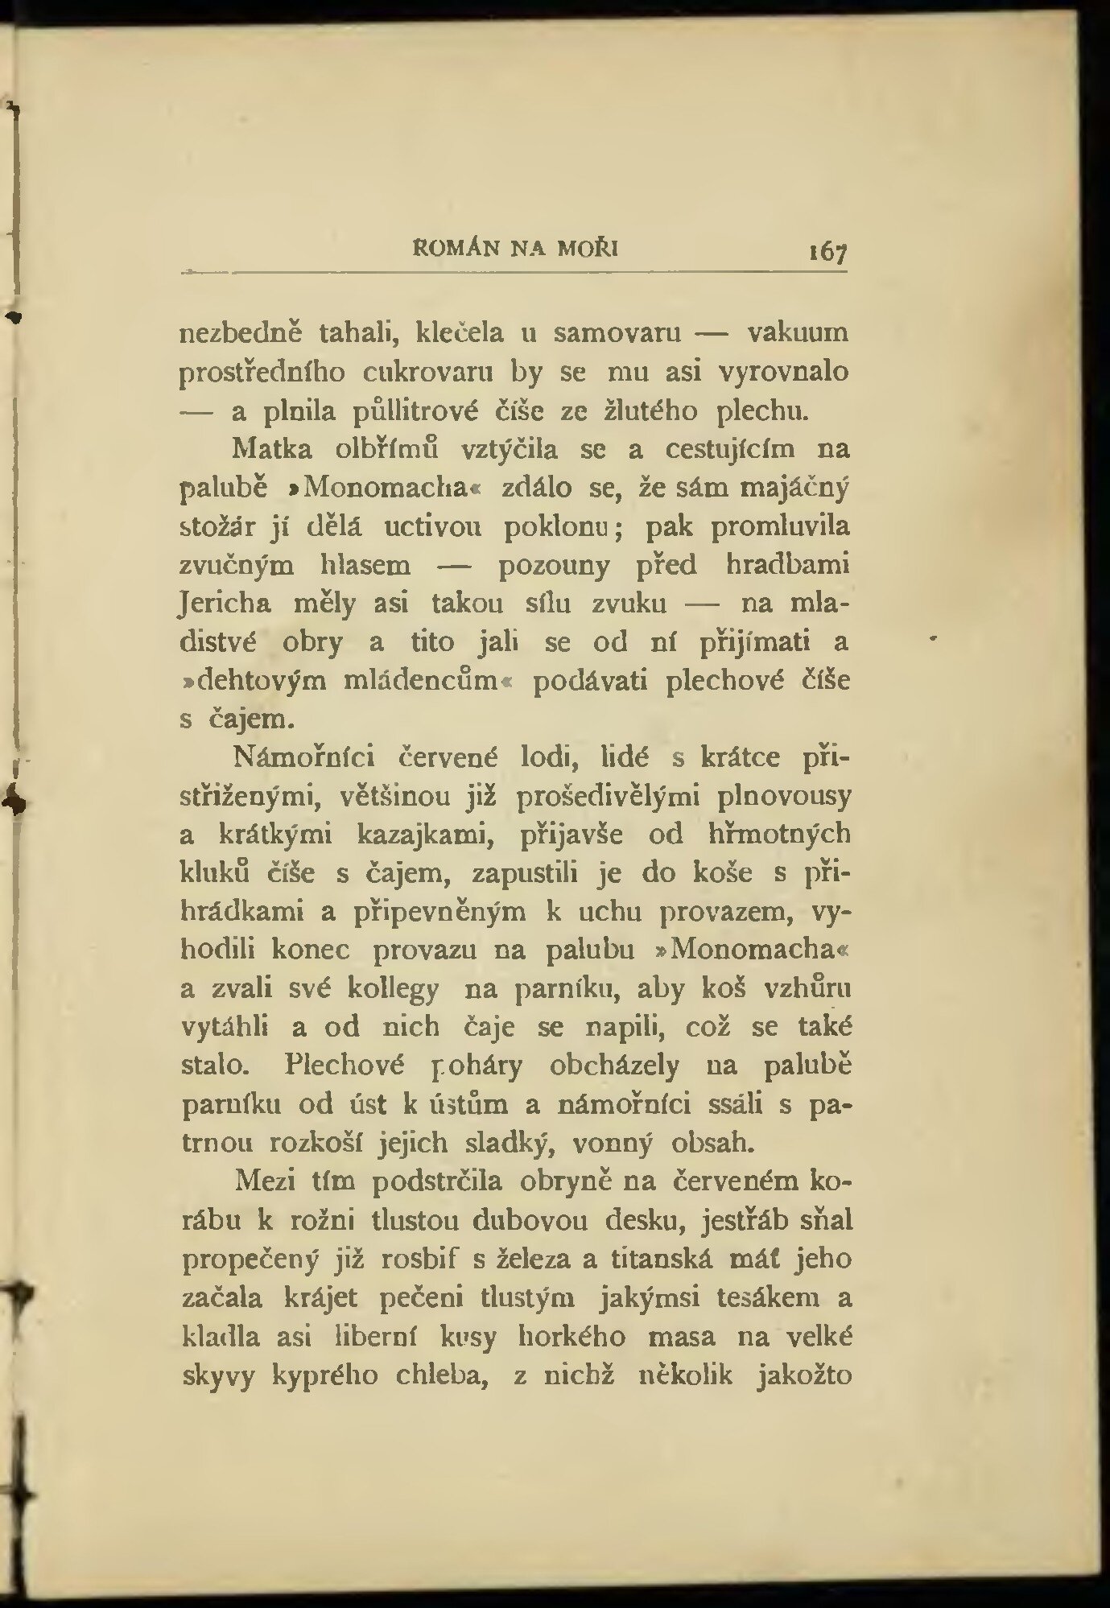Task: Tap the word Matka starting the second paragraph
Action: click(271, 449)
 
